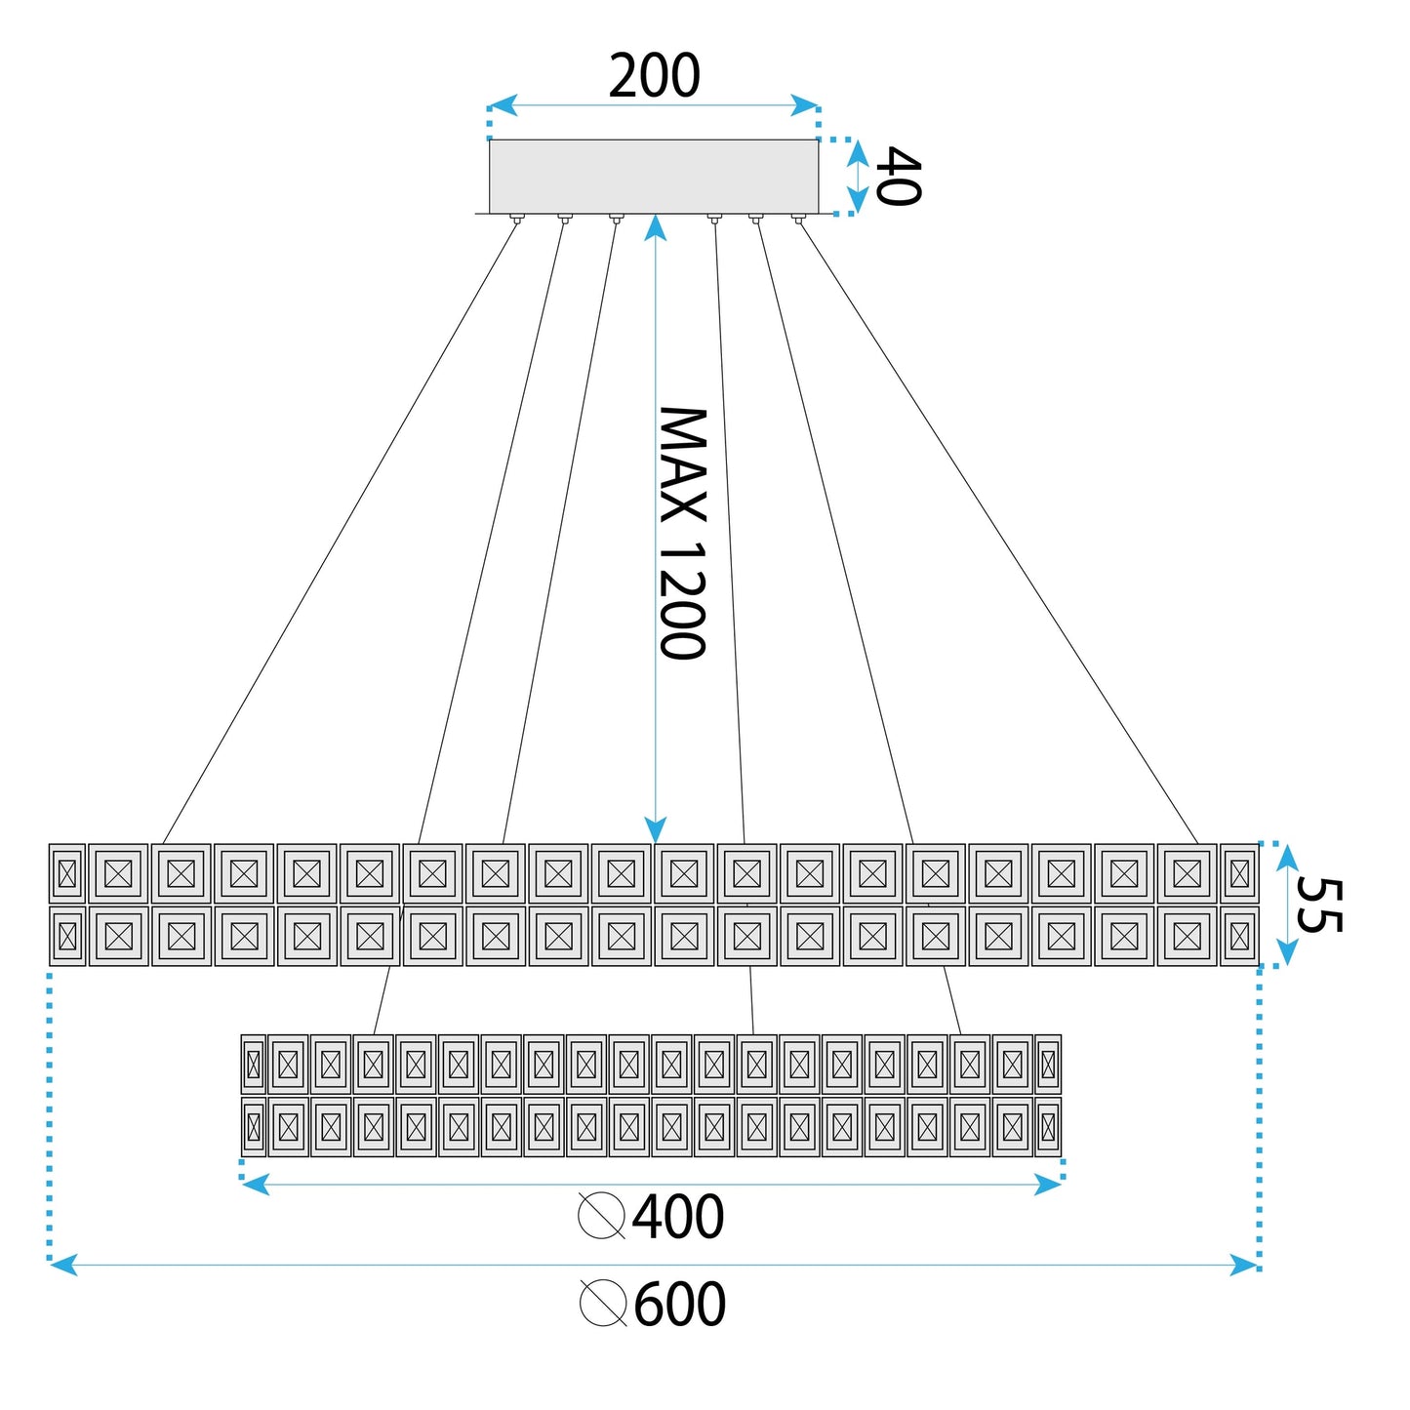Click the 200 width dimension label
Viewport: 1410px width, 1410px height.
654,76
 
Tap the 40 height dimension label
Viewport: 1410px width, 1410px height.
899,177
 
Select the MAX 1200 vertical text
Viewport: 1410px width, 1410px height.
683,534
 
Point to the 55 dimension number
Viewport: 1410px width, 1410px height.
1318,906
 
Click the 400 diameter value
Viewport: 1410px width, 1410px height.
677,1216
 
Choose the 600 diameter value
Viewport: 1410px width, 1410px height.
679,1304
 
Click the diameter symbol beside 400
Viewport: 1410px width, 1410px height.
601,1216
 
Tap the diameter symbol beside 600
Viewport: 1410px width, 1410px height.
603,1303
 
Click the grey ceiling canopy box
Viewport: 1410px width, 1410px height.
654,177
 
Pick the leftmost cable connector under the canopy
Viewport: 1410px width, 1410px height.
516,218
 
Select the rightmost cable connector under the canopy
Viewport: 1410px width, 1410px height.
797,218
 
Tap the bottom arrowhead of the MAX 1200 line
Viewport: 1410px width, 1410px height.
656,829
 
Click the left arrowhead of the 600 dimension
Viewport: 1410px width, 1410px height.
63,1265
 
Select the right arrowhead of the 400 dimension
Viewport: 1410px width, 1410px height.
1047,1184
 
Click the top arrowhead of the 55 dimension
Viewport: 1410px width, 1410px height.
1287,859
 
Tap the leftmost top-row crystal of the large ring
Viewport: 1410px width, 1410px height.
67,873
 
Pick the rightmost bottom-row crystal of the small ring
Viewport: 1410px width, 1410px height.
1049,1127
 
